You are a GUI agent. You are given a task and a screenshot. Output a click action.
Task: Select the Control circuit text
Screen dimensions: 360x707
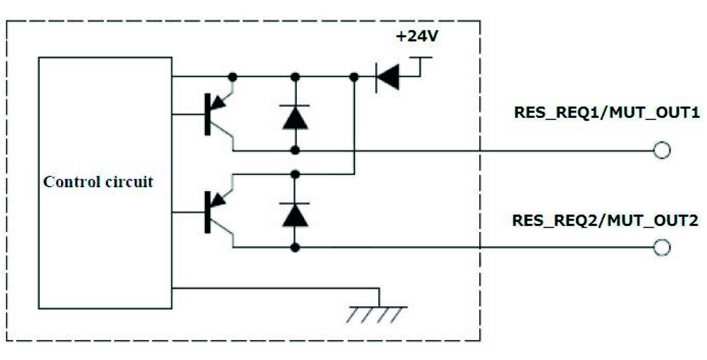[x=98, y=182]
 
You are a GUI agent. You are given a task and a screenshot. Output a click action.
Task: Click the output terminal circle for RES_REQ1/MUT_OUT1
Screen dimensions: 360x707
[x=662, y=151]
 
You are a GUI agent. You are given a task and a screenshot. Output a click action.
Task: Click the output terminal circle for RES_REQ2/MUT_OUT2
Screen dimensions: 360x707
[x=662, y=247]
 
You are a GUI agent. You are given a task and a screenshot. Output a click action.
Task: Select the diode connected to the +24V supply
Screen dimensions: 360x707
[x=387, y=76]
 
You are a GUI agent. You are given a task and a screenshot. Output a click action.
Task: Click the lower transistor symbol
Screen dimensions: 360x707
[x=216, y=212]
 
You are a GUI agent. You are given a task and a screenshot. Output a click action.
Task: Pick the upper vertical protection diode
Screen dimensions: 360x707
[x=295, y=116]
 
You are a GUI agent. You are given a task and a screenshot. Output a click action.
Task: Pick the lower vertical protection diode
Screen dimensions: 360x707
[x=295, y=214]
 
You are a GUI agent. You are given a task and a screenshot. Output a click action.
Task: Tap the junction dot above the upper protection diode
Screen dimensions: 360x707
[x=295, y=76]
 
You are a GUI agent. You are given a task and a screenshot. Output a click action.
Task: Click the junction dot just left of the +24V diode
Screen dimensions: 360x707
[x=354, y=76]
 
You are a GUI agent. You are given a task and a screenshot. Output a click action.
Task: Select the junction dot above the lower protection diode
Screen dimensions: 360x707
[x=295, y=174]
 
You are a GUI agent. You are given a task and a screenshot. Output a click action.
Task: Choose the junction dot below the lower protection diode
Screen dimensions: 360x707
[x=295, y=247]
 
